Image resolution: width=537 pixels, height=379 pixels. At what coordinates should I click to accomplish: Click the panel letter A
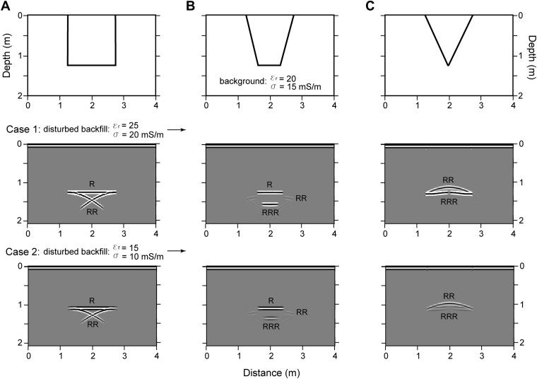(x=8, y=6)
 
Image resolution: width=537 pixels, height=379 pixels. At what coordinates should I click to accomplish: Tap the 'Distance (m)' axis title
(x=269, y=371)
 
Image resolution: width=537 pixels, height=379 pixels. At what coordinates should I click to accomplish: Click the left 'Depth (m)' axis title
(x=8, y=54)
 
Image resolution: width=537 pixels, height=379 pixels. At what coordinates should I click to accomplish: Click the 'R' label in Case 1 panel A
(x=92, y=185)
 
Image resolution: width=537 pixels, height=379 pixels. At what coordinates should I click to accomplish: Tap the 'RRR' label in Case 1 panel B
(x=268, y=211)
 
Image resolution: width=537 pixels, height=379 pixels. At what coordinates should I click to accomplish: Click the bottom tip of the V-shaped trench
(x=448, y=66)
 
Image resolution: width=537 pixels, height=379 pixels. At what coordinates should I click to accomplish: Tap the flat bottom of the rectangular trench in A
(x=92, y=66)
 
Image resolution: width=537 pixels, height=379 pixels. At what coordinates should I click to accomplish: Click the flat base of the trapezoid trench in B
(x=268, y=66)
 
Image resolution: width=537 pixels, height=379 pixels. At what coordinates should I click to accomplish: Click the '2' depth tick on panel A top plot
(x=20, y=95)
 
